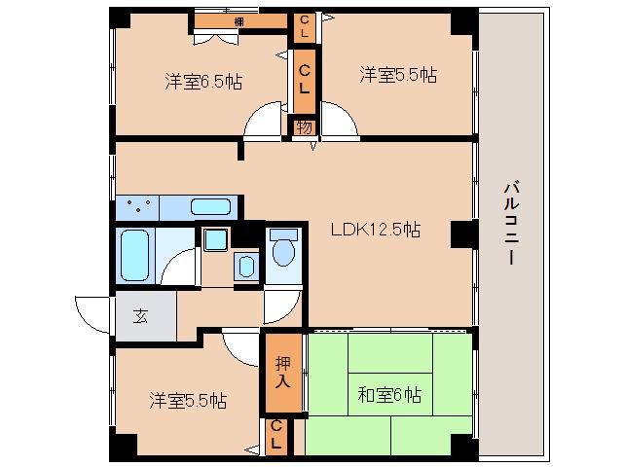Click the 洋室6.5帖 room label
[x=202, y=83]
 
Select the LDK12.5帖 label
[x=375, y=231]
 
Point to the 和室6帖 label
[x=389, y=395]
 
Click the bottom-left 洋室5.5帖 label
[x=188, y=400]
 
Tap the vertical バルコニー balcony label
[x=510, y=224]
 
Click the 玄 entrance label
[x=141, y=315]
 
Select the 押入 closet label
[x=282, y=371]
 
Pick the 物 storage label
[x=304, y=126]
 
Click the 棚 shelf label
[x=239, y=20]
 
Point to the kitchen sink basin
[x=211, y=206]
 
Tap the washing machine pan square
[x=214, y=239]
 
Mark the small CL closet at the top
[x=305, y=26]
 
